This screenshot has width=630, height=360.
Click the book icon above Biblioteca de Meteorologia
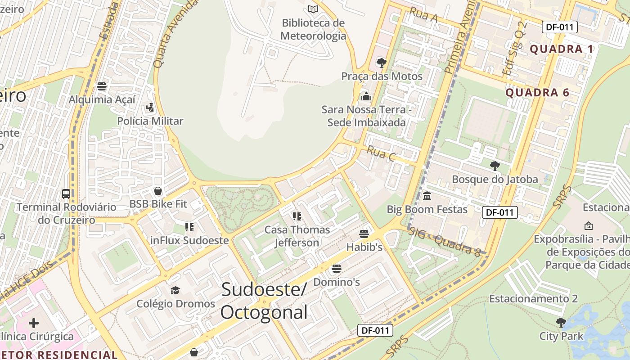(x=313, y=9)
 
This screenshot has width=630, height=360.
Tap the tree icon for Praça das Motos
(x=382, y=63)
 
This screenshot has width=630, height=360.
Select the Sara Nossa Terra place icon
(x=366, y=96)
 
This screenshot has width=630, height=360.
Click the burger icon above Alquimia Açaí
(x=102, y=86)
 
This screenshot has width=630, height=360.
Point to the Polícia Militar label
(x=150, y=121)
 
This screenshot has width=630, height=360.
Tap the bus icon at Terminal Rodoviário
(x=66, y=194)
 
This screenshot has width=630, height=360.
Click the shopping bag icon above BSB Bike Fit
(x=157, y=191)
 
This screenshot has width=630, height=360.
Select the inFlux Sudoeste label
(x=189, y=240)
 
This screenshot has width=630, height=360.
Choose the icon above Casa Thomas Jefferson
(x=297, y=216)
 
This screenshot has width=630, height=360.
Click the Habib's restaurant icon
(x=364, y=234)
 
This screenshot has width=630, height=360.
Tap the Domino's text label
(x=337, y=282)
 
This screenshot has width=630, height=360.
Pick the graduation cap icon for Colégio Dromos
(x=175, y=290)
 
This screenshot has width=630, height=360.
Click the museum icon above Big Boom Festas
(x=427, y=196)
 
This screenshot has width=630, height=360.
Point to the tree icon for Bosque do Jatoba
(x=495, y=166)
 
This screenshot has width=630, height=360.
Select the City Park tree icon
(x=561, y=323)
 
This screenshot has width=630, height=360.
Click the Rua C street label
(x=381, y=154)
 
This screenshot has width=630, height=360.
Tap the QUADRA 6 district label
(x=537, y=93)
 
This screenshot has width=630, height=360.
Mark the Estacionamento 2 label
(x=533, y=299)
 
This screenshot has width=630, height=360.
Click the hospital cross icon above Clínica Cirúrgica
(x=34, y=323)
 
